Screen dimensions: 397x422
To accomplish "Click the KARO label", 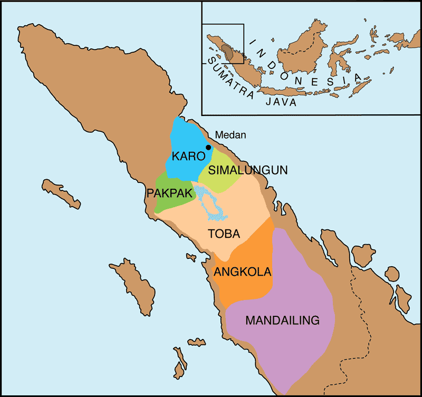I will click(187, 157).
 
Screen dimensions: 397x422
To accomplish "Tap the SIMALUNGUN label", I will click(247, 170).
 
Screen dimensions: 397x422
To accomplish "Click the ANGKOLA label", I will click(242, 272).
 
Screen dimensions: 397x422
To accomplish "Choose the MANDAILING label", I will click(283, 320).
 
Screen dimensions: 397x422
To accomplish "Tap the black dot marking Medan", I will click(208, 147).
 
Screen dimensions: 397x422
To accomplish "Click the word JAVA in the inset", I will click(282, 103).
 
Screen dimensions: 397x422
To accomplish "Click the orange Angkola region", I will click(248, 287).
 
